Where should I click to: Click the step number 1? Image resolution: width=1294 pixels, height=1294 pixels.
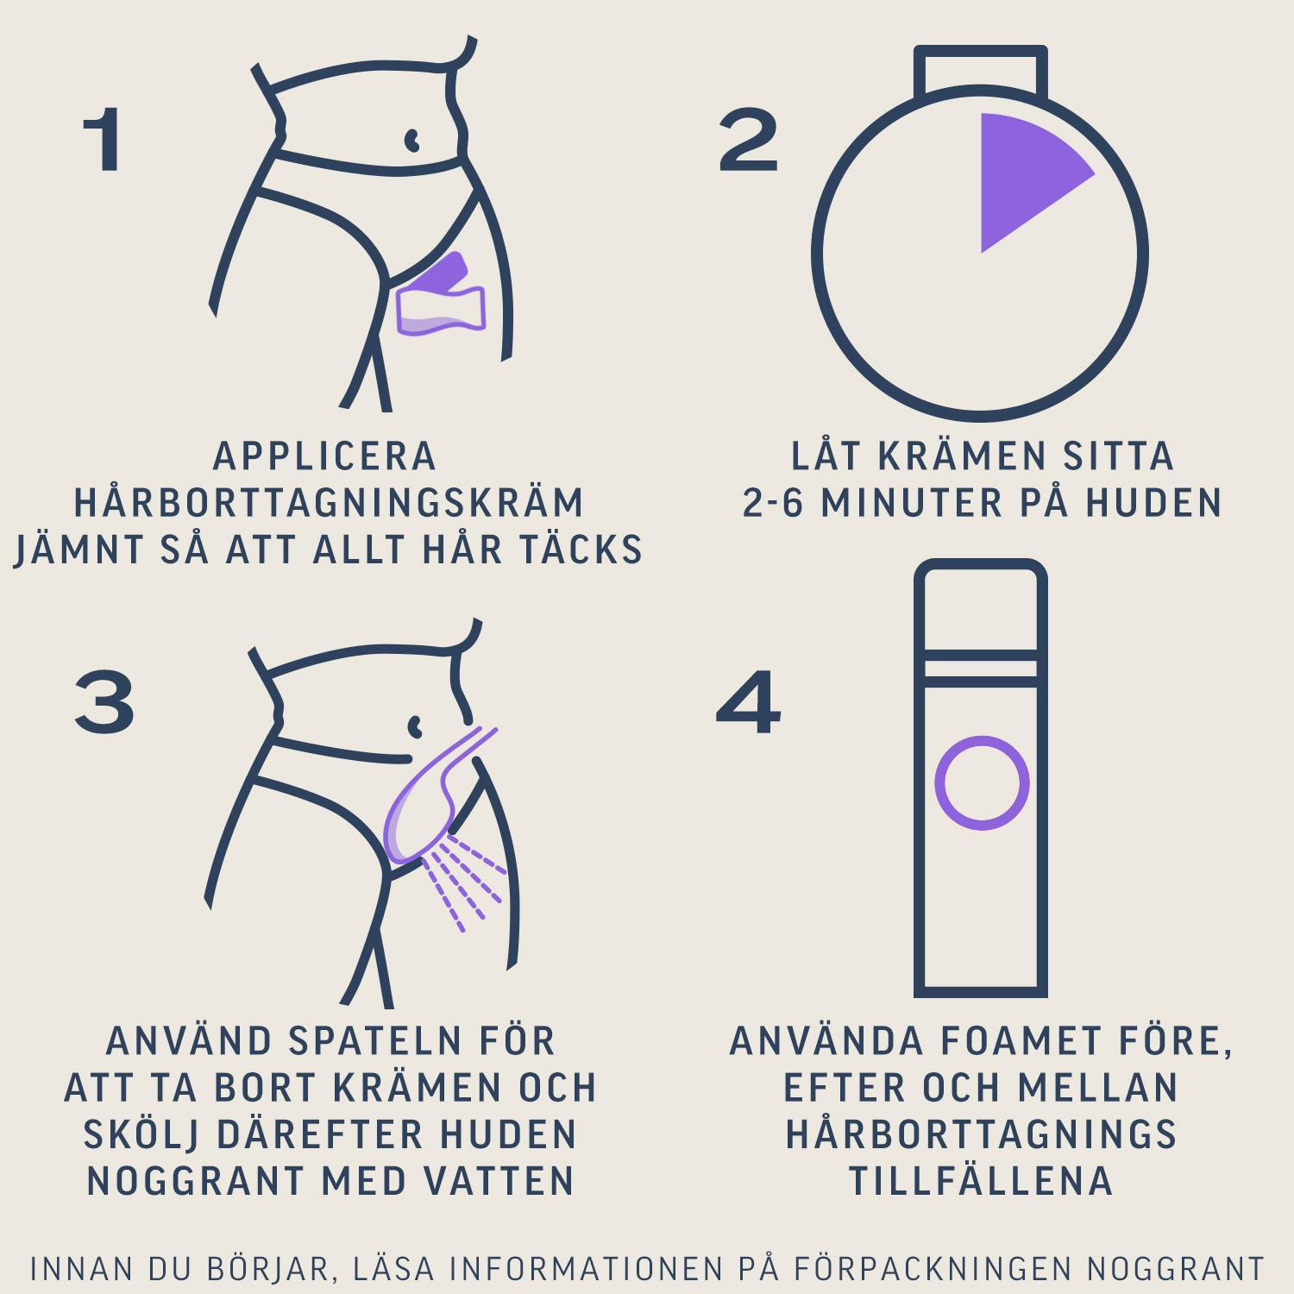pos(104,140)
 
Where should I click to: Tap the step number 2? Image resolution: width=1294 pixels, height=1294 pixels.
pos(748,140)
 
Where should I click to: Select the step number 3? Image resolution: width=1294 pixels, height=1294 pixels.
pos(104,703)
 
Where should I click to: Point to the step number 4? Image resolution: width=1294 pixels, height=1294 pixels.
pos(748,703)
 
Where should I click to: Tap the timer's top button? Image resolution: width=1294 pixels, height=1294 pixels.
pos(981,69)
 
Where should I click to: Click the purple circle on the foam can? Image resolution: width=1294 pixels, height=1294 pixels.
pos(982,783)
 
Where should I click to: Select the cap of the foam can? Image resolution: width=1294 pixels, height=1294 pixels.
pos(981,604)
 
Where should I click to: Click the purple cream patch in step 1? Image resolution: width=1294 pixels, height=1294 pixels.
pos(441,294)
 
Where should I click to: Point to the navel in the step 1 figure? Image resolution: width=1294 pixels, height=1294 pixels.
pos(412,139)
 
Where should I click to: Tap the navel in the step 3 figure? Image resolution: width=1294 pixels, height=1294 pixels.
pos(415,726)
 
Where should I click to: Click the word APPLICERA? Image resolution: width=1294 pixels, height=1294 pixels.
pos(325,456)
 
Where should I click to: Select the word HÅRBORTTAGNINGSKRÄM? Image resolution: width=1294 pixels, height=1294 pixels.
pos(329,502)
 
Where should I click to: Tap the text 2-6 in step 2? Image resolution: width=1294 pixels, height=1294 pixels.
pos(773,503)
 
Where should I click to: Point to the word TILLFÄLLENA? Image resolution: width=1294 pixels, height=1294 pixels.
pos(981,1181)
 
